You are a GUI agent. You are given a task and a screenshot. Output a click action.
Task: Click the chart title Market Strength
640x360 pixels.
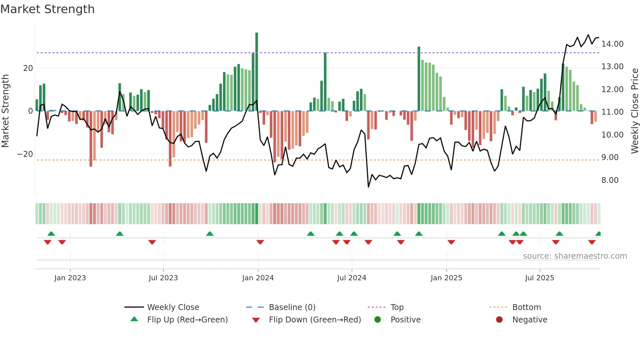(47, 9)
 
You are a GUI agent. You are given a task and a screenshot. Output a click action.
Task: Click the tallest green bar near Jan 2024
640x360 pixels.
(257, 72)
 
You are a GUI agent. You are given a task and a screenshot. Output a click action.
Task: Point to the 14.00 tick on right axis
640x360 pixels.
(612, 44)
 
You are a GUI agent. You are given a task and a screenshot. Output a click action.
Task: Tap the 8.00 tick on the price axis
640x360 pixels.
(610, 180)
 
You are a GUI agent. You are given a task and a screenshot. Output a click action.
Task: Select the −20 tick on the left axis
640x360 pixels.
(25, 154)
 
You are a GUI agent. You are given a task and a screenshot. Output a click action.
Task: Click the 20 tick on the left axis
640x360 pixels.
(28, 68)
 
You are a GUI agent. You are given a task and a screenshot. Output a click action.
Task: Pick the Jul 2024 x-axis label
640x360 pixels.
(351, 278)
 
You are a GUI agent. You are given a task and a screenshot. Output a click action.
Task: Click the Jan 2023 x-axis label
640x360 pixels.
(70, 278)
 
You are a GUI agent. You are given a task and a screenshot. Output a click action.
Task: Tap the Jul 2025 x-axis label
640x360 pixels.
(539, 278)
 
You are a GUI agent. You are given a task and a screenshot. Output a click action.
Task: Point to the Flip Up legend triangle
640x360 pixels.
(134, 319)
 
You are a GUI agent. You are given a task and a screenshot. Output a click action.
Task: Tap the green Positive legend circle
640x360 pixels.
(377, 319)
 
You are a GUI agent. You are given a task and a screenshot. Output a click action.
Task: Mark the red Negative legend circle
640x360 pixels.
(499, 319)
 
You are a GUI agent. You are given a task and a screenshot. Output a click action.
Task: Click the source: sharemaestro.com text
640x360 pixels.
(575, 256)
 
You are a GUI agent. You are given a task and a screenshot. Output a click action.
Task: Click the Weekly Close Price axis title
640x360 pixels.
(634, 111)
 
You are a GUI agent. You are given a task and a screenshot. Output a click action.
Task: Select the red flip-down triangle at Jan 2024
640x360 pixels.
(260, 242)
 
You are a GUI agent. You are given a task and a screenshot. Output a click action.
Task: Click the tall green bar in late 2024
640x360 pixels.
(419, 78)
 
